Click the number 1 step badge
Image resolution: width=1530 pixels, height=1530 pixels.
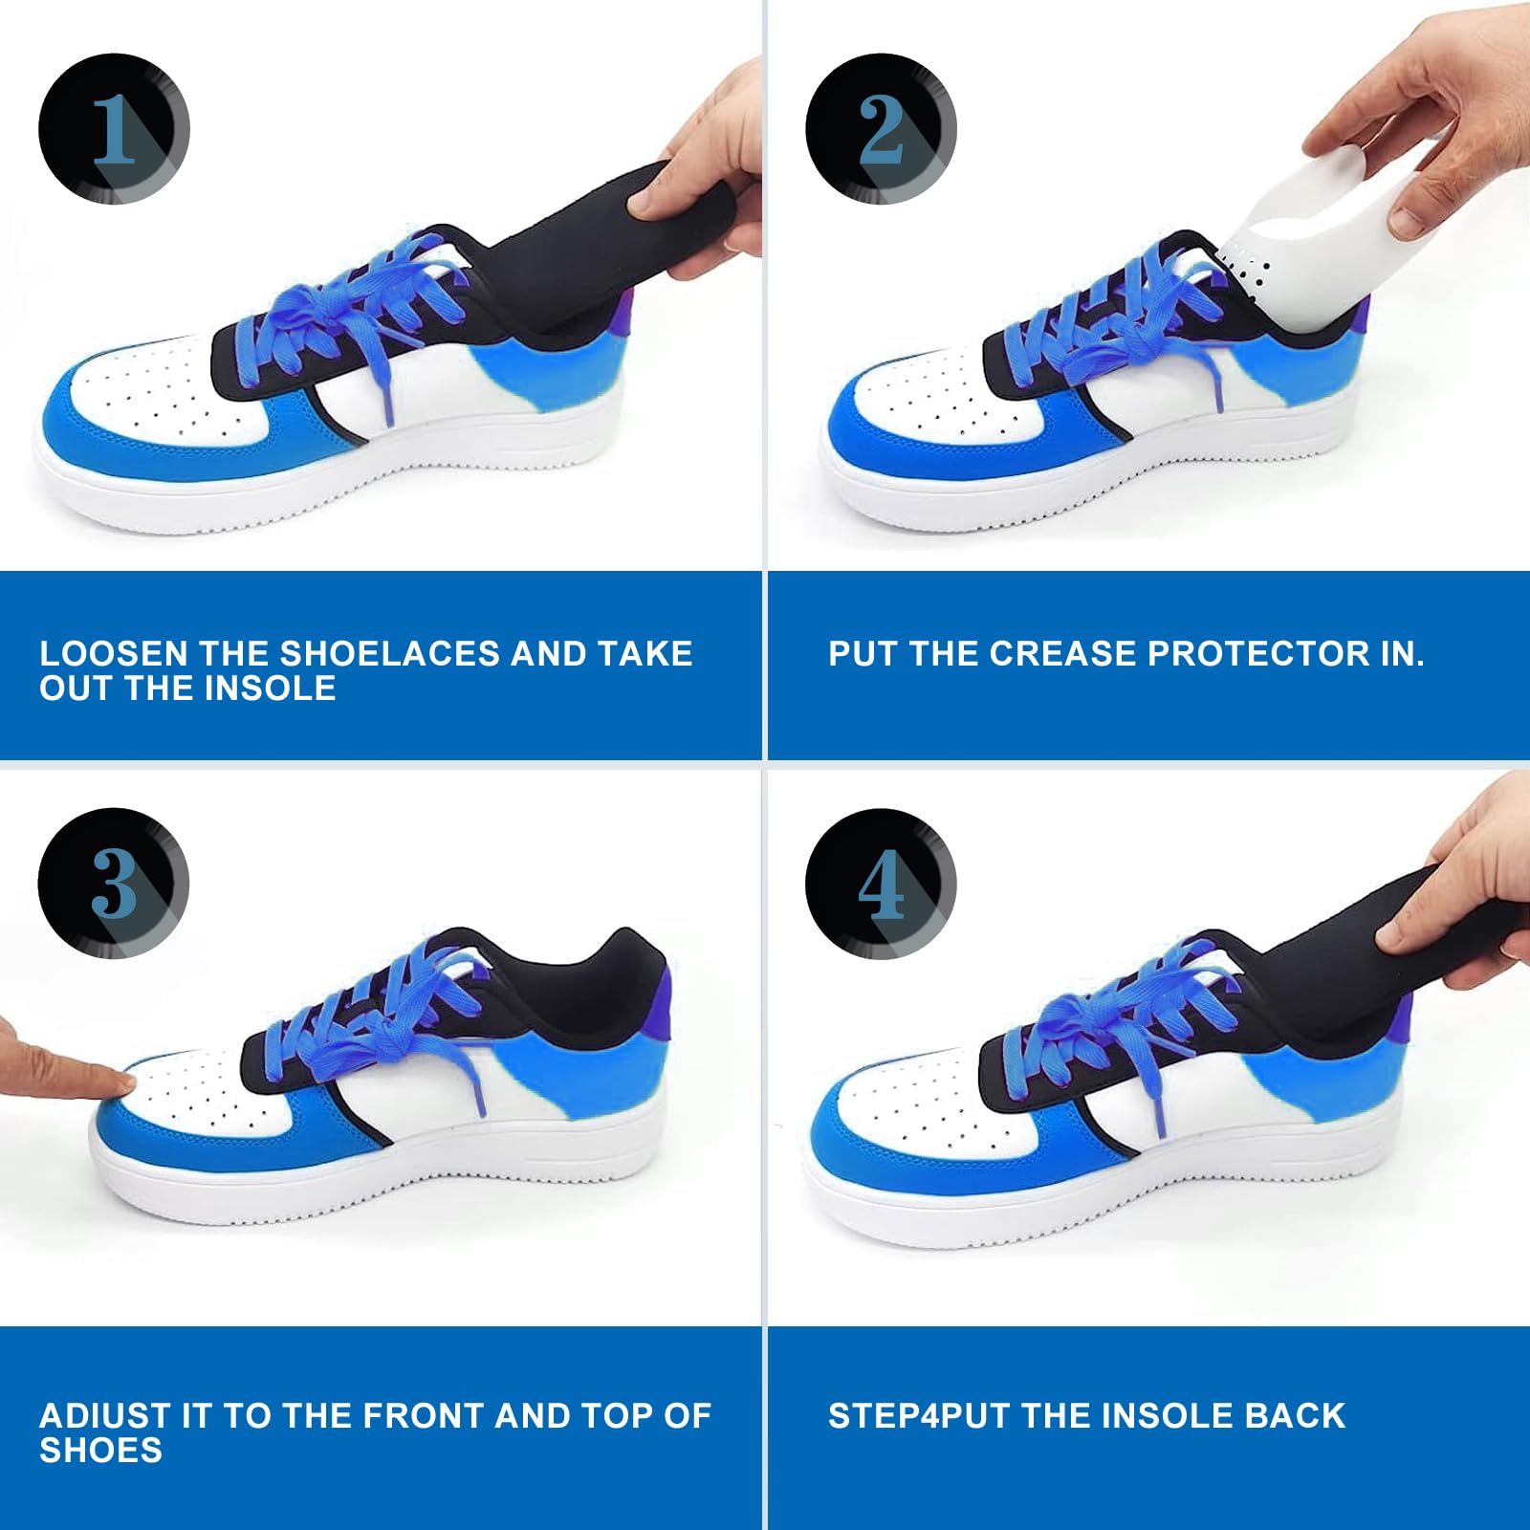tap(114, 129)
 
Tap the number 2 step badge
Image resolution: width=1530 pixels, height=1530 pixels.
tap(881, 129)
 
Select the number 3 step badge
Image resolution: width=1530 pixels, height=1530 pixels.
tap(114, 884)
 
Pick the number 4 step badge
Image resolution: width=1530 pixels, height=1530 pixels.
tap(881, 884)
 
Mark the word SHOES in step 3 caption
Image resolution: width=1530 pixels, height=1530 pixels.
tap(100, 1452)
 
